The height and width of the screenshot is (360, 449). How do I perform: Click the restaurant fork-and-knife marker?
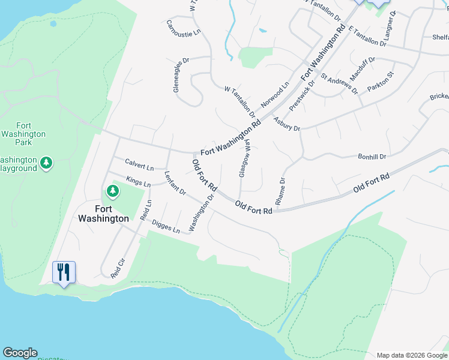64,272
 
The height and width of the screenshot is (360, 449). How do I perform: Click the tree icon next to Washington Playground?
46,163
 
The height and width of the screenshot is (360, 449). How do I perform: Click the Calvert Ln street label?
139,163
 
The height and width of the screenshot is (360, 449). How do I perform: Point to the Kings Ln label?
138,181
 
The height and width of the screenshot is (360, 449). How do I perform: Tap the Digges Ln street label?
166,226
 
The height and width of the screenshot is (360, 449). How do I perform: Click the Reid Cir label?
117,268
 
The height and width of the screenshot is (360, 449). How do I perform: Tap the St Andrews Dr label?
339,84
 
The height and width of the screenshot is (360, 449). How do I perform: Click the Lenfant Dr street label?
175,184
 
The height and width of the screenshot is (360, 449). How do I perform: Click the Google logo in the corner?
20,353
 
